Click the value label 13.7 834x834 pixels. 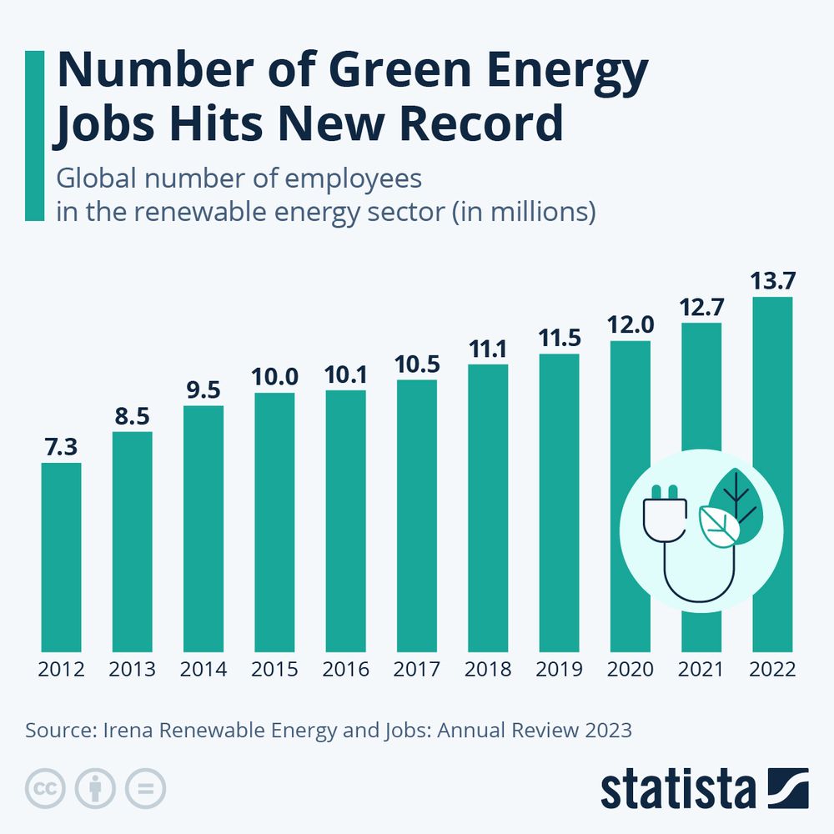[772, 280]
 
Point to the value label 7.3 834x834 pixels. [62, 447]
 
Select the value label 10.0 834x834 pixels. [274, 377]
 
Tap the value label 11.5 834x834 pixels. [559, 338]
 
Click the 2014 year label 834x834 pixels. [203, 670]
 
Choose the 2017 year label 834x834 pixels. [417, 670]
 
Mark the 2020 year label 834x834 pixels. [631, 670]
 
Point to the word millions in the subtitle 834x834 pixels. [542, 211]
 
